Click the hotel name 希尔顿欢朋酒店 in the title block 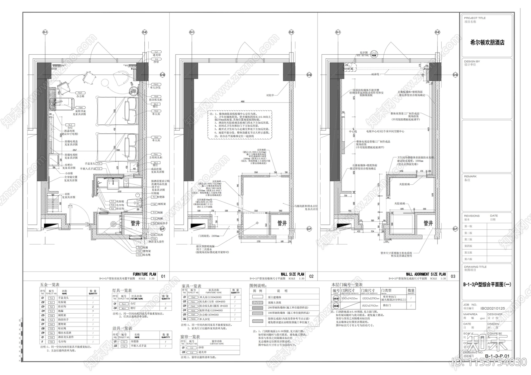[487, 42]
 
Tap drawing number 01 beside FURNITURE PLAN [163, 276]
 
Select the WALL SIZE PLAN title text [292, 274]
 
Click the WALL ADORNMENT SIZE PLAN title [426, 274]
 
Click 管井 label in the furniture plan [135, 223]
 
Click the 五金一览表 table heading [49, 284]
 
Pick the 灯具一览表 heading [122, 290]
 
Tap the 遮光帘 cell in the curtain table [202, 352]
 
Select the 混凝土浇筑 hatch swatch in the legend [258, 302]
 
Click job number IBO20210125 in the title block [493, 308]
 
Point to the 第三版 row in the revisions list [468, 239]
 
